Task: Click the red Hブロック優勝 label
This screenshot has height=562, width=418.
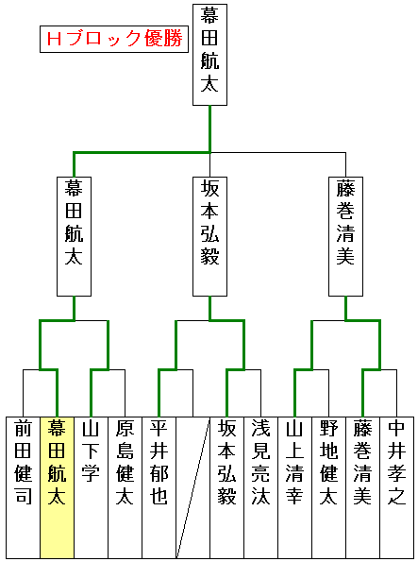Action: click(x=114, y=39)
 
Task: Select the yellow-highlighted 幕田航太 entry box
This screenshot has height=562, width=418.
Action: click(x=57, y=487)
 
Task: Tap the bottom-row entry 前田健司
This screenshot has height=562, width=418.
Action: click(x=23, y=487)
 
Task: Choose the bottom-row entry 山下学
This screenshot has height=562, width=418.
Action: click(x=91, y=487)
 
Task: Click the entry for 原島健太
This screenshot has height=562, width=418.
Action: click(x=125, y=487)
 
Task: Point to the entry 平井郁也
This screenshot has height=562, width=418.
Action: click(x=159, y=487)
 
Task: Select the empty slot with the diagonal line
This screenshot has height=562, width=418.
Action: click(x=192, y=487)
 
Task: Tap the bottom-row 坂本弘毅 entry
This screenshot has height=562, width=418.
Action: click(x=226, y=487)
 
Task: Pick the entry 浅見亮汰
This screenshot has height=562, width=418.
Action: click(x=260, y=487)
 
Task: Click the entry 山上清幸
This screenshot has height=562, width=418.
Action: click(x=294, y=487)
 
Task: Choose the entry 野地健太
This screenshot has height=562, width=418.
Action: click(x=328, y=487)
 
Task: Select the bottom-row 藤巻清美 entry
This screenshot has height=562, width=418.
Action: click(x=362, y=487)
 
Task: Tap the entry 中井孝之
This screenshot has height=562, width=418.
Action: click(x=396, y=487)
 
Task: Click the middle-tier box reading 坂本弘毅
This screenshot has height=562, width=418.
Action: click(x=209, y=236)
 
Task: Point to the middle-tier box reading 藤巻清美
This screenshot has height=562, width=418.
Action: click(x=345, y=236)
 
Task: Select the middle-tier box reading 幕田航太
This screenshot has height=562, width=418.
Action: click(x=75, y=236)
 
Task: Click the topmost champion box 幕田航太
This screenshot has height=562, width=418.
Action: click(x=209, y=55)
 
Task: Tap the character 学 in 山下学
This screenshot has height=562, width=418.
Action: click(x=91, y=473)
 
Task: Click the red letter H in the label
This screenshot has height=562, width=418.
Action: click(x=54, y=39)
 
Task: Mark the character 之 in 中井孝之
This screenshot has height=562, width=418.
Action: click(x=396, y=496)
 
